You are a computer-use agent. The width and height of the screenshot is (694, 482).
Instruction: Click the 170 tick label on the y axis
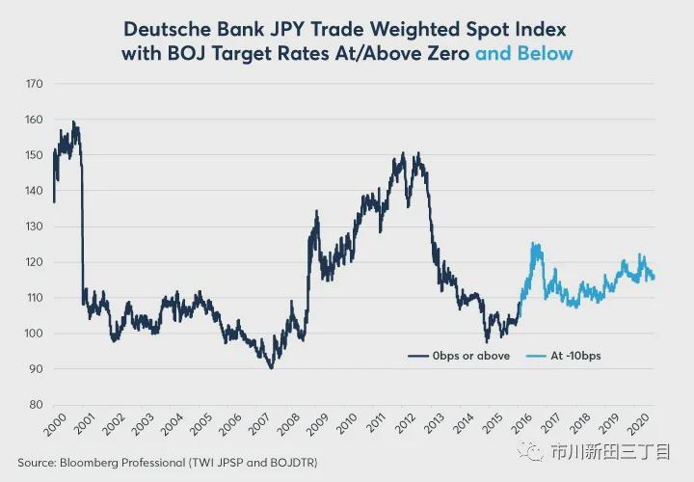tap(34, 84)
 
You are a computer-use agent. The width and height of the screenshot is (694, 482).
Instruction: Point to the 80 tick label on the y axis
tap(36, 405)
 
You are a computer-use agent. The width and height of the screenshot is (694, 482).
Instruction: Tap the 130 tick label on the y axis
tap(34, 227)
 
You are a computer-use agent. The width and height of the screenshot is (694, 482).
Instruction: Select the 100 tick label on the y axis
tap(34, 334)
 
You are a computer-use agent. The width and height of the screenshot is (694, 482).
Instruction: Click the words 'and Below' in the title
tap(523, 53)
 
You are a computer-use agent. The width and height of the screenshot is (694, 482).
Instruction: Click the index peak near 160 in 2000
tap(73, 122)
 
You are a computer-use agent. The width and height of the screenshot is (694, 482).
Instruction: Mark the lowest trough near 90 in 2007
tap(271, 367)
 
